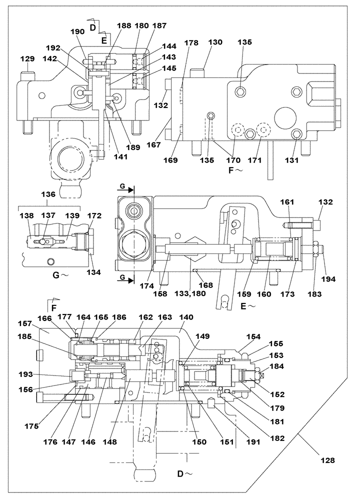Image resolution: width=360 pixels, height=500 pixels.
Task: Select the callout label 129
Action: pyautogui.click(x=27, y=59)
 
